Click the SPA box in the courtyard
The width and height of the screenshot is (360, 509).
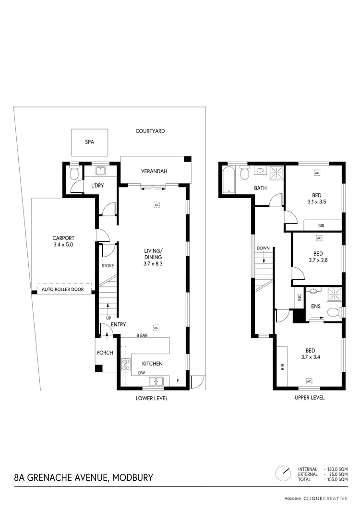89,142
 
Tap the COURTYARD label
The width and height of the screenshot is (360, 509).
150,131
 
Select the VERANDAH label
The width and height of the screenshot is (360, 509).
154,171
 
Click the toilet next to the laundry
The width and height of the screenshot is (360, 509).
73,174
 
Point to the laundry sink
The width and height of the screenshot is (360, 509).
101,171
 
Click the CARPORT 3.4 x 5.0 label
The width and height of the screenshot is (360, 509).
63,241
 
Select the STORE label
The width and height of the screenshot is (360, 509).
107,265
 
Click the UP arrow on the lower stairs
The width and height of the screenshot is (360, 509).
107,308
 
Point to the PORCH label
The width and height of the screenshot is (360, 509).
105,353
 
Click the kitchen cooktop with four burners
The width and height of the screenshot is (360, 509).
126,365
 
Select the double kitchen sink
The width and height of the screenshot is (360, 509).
156,381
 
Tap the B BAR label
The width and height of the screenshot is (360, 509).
141,335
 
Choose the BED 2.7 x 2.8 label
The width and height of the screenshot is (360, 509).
317,257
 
